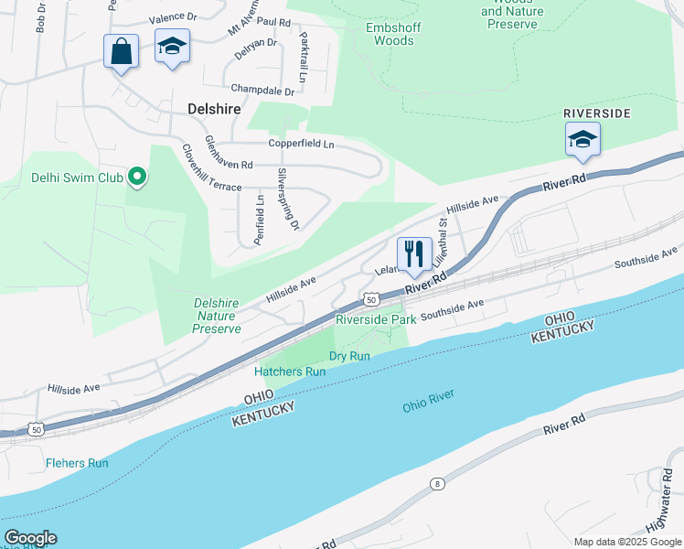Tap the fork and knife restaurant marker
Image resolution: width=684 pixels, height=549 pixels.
pyautogui.click(x=414, y=253)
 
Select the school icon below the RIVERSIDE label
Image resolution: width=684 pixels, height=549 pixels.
pyautogui.click(x=582, y=140)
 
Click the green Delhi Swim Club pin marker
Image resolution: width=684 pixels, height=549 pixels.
pyautogui.click(x=137, y=177)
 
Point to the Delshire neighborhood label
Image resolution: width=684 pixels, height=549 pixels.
pyautogui.click(x=214, y=109)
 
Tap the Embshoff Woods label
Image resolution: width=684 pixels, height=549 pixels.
pyautogui.click(x=390, y=34)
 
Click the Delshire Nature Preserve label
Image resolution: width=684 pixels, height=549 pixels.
pyautogui.click(x=217, y=316)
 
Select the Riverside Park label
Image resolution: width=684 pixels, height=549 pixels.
pyautogui.click(x=376, y=319)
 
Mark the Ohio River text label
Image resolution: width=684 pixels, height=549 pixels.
pyautogui.click(x=428, y=400)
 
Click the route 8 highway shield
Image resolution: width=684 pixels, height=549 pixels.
pyautogui.click(x=437, y=482)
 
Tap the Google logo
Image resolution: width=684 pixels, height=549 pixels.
pyautogui.click(x=30, y=538)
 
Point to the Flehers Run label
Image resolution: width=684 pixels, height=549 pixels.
pyautogui.click(x=77, y=463)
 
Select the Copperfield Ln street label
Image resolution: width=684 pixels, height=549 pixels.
pyautogui.click(x=301, y=144)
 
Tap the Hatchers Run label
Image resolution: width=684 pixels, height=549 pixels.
pyautogui.click(x=290, y=371)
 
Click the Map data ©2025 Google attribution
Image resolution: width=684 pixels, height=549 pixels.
pyautogui.click(x=626, y=542)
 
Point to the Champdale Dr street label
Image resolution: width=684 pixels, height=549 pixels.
pyautogui.click(x=262, y=91)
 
